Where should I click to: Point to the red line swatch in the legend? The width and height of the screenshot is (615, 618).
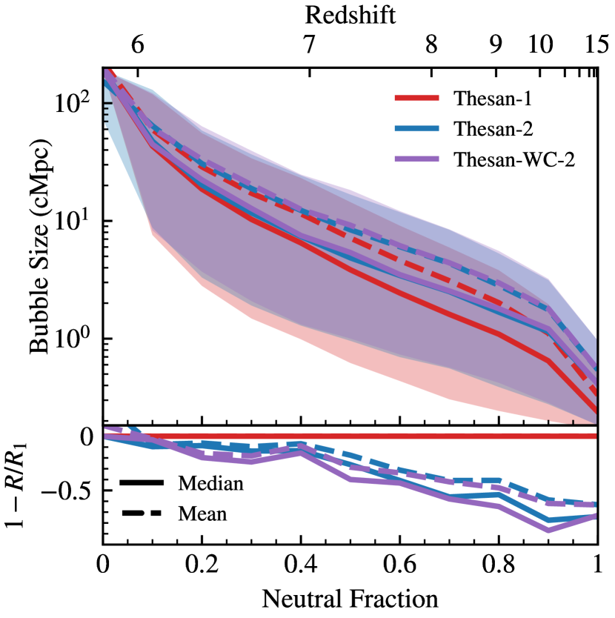coord(418,99)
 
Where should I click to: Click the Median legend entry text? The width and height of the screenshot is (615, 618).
coord(210,484)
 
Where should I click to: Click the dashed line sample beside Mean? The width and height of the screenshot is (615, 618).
coord(142,512)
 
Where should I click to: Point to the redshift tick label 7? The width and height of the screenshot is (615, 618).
coord(308,46)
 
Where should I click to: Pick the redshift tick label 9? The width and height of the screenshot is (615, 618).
coord(496,46)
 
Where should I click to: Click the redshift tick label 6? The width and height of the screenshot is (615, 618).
coord(138,46)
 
